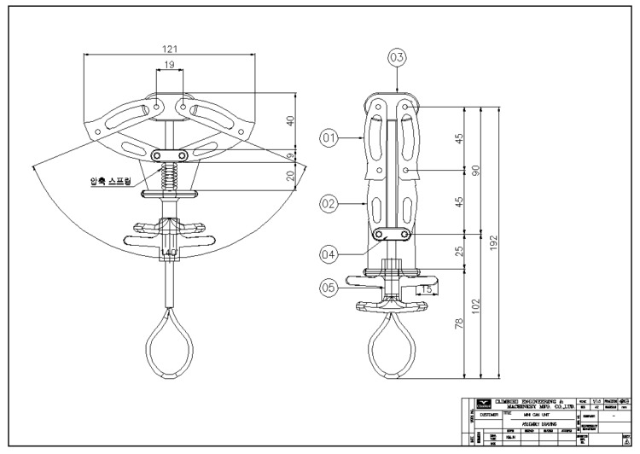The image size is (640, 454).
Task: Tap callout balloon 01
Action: (x=329, y=136)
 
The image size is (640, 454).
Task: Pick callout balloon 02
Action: (x=329, y=204)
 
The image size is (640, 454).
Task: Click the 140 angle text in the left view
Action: (x=169, y=253)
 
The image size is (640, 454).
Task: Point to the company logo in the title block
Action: (x=485, y=404)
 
